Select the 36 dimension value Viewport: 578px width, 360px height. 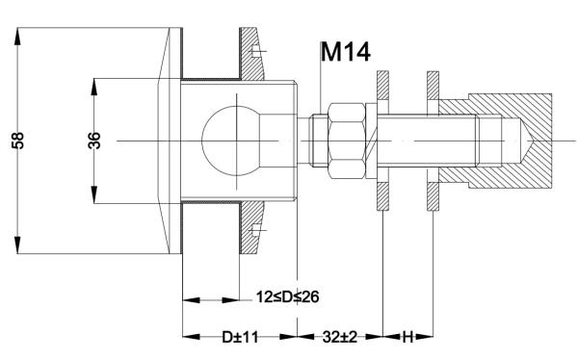[94, 141]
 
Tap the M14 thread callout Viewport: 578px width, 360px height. [345, 51]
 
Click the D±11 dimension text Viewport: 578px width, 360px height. [240, 338]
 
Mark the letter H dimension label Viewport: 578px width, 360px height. [408, 338]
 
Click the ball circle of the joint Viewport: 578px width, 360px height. [227, 141]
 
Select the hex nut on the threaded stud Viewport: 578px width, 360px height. [344, 141]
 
